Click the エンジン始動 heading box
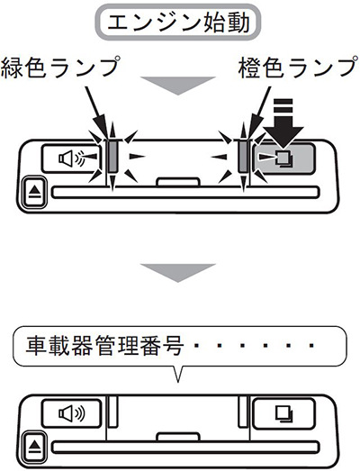click(x=179, y=23)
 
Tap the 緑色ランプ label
click(x=60, y=68)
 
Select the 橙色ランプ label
click(x=298, y=68)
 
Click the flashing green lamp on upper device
click(x=112, y=156)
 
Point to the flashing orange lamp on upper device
click(x=243, y=156)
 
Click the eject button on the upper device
click(x=35, y=192)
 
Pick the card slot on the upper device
click(x=185, y=193)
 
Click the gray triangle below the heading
click(x=178, y=86)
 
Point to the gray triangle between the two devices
click(x=178, y=273)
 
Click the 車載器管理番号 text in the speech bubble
click(x=104, y=346)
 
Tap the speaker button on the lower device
click(x=72, y=413)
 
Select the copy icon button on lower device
click(x=283, y=413)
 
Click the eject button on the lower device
click(x=35, y=447)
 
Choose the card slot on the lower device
click(x=185, y=448)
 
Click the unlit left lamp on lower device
click(x=112, y=412)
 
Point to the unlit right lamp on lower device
click(x=243, y=412)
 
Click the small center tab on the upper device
click(x=178, y=182)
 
